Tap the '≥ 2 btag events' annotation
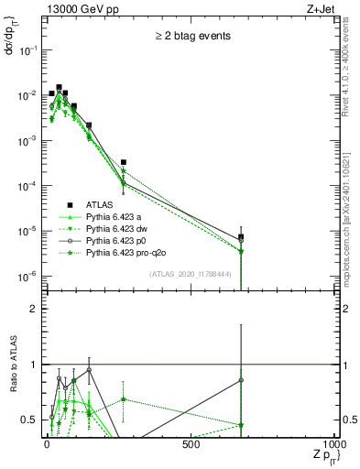click(191, 36)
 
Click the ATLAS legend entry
click(102, 205)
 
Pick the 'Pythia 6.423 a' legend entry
click(116, 217)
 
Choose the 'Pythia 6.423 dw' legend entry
click(119, 229)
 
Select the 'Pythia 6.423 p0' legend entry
click(119, 241)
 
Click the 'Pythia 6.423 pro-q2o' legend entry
click(129, 253)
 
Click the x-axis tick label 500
click(191, 444)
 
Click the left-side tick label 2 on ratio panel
click(34, 309)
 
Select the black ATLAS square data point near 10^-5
click(241, 238)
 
